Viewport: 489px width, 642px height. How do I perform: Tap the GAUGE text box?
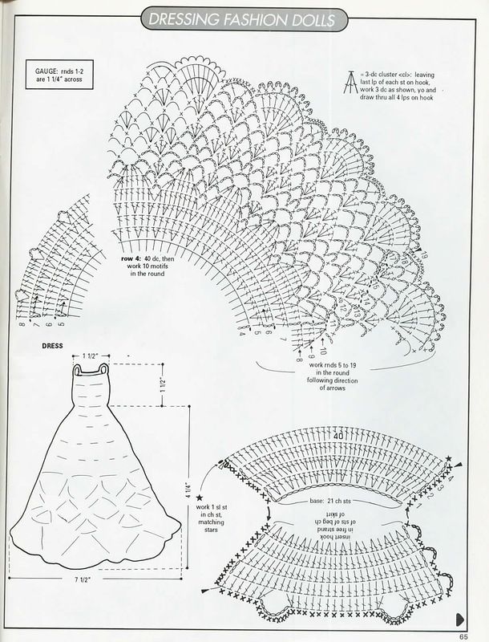coord(55,75)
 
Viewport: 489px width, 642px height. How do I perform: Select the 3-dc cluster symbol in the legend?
coord(350,80)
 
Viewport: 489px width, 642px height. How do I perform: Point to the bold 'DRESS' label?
coord(53,347)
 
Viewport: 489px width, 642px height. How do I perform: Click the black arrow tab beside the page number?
coord(461,619)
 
